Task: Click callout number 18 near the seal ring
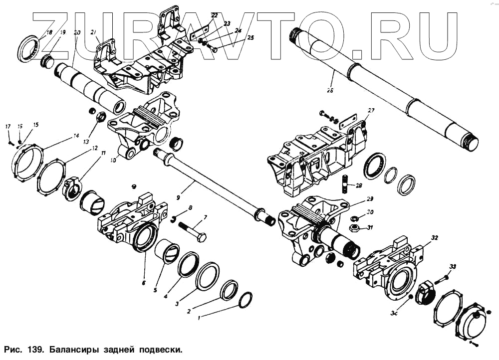(x=48, y=33)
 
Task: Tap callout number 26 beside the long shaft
(x=329, y=90)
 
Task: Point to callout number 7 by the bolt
(x=204, y=217)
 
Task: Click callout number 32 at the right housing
(x=435, y=238)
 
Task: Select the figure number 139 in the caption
(x=33, y=348)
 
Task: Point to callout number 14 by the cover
(x=76, y=136)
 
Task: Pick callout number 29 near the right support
(x=370, y=198)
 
